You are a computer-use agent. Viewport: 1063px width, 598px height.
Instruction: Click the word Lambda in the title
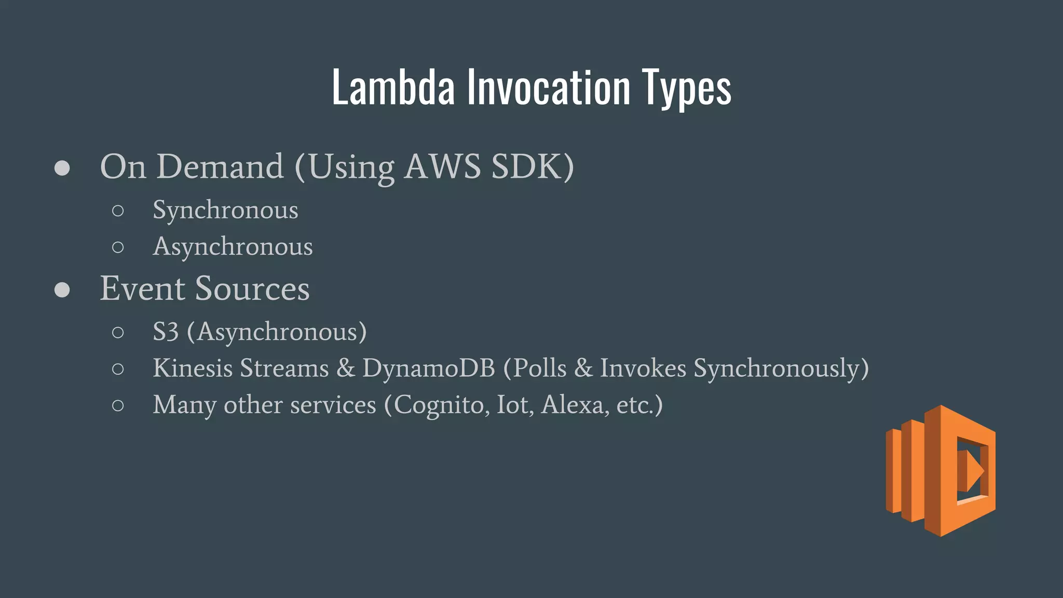pos(393,88)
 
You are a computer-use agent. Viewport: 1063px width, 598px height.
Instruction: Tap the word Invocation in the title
pos(548,88)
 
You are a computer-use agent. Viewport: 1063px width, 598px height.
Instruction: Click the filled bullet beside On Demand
pos(62,168)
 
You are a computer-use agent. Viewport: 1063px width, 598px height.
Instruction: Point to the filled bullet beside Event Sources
pos(62,290)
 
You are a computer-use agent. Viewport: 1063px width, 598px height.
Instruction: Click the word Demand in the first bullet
pos(220,167)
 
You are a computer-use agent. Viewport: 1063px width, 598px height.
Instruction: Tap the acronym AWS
pos(442,167)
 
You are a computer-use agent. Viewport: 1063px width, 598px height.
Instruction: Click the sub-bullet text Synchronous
pos(225,210)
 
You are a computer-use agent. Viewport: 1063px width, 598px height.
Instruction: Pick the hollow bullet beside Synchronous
pos(118,211)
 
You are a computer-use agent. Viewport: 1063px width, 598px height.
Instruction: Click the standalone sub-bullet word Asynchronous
pos(233,247)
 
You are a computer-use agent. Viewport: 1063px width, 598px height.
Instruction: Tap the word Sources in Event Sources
pos(252,289)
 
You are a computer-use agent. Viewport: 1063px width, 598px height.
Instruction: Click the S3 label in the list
pos(166,332)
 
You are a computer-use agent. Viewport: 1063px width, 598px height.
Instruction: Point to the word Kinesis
pos(193,368)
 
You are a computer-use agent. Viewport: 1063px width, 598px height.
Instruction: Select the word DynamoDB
pos(429,368)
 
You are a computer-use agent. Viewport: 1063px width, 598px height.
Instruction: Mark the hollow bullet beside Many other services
pos(118,405)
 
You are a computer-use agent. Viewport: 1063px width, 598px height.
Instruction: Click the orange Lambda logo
pos(941,470)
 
